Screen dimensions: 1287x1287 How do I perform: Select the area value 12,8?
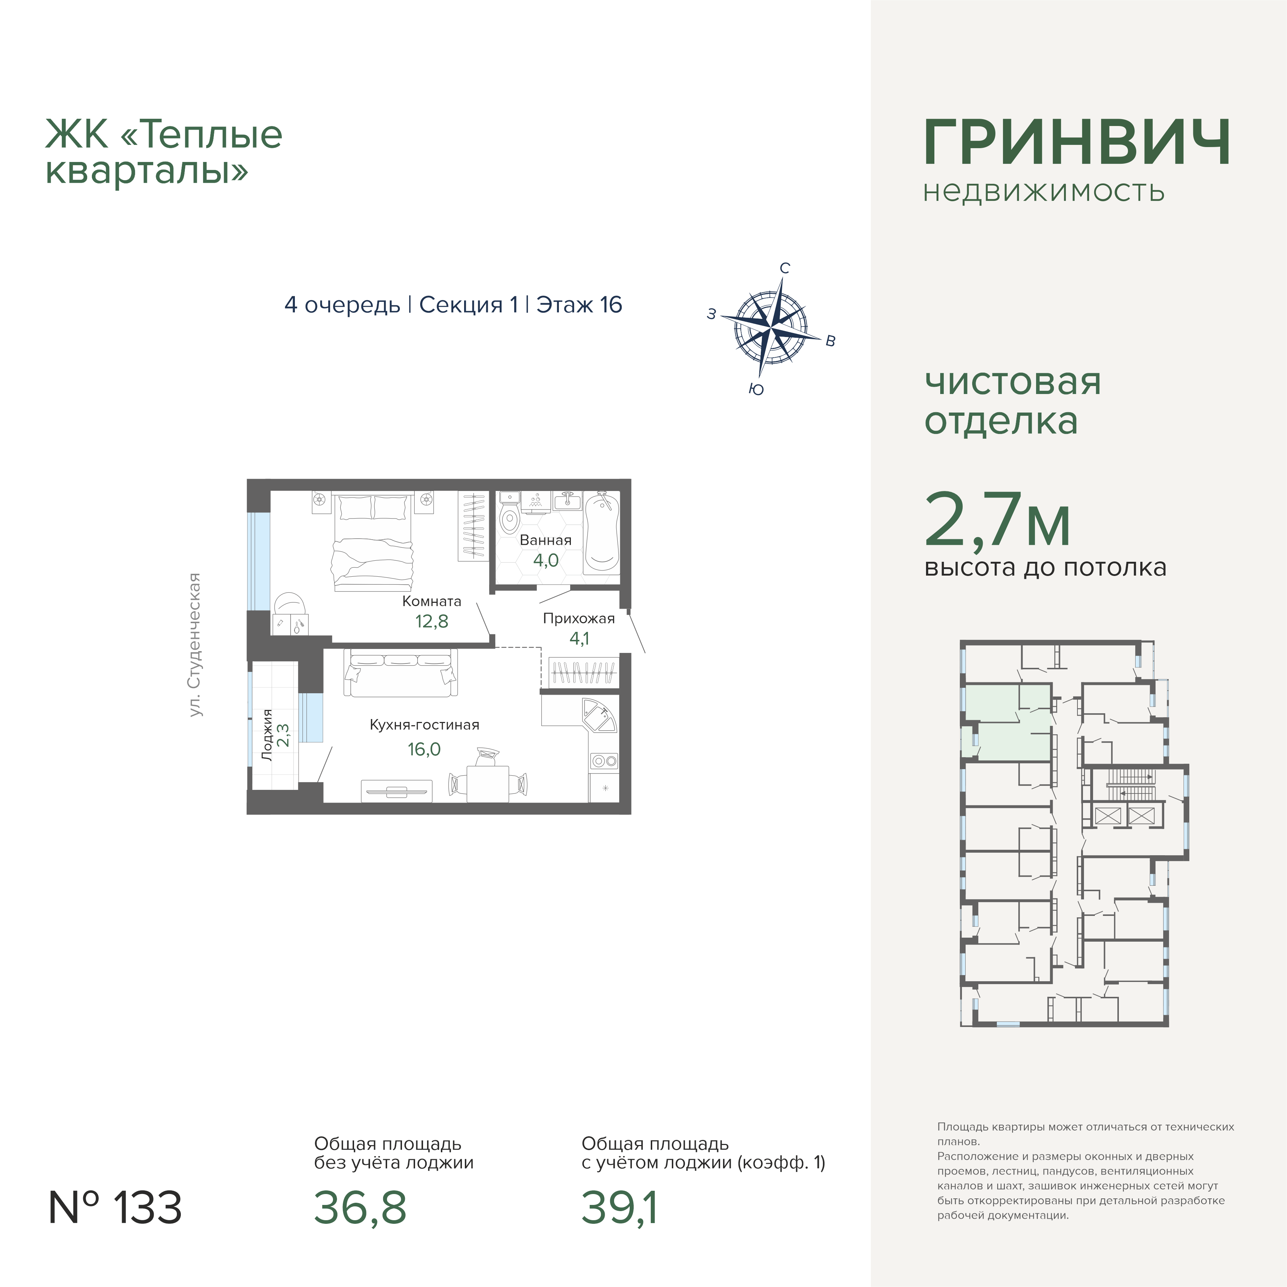click(x=432, y=621)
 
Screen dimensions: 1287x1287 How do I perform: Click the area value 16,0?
click(x=424, y=750)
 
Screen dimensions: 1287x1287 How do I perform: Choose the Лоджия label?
click(x=267, y=735)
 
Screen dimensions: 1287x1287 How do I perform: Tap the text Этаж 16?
click(x=579, y=305)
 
